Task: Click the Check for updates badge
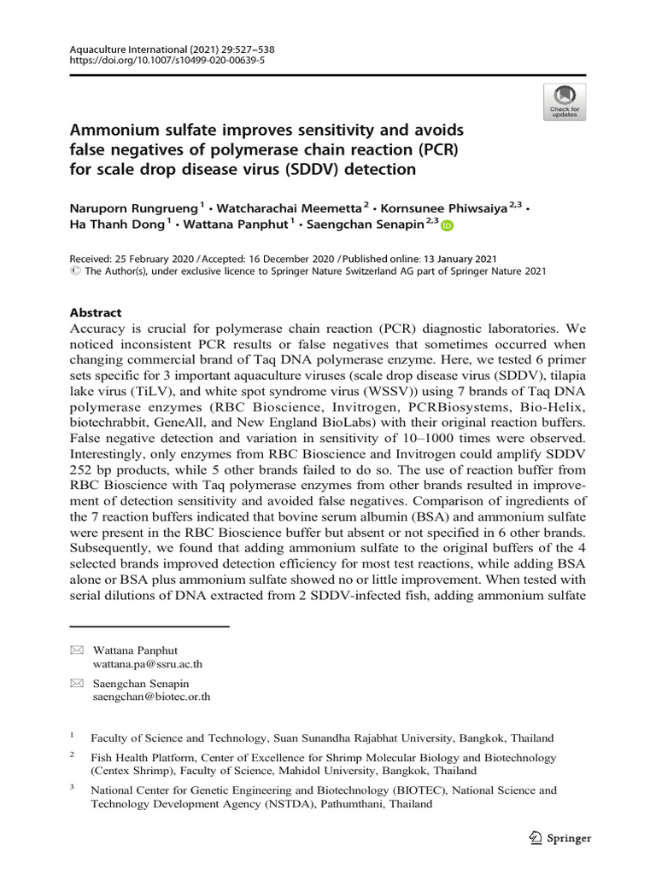[565, 102]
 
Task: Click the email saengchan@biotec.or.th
[151, 696]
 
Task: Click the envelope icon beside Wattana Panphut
[76, 650]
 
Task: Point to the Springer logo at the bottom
[560, 837]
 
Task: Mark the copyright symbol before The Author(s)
[72, 271]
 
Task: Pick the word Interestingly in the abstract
[107, 459]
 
